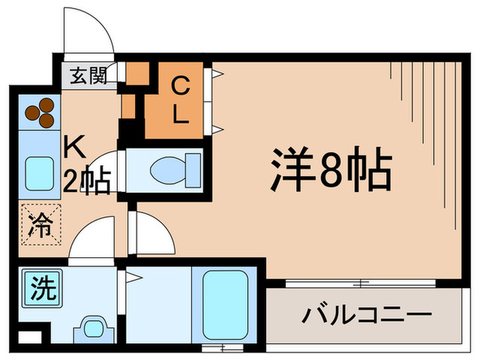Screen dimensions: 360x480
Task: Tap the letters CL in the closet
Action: (180, 100)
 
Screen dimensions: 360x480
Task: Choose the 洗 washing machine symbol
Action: (41, 287)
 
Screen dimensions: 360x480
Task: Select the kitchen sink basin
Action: (39, 174)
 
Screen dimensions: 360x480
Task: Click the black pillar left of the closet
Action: (130, 128)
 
